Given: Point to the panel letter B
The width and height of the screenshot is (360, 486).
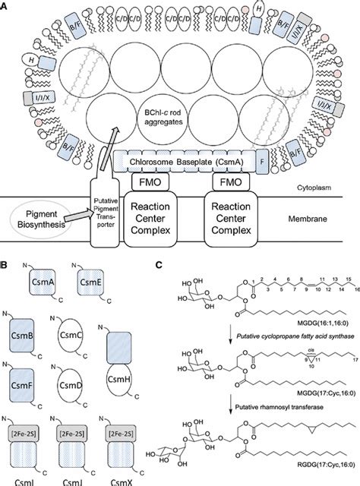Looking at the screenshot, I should tap(6, 267).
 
